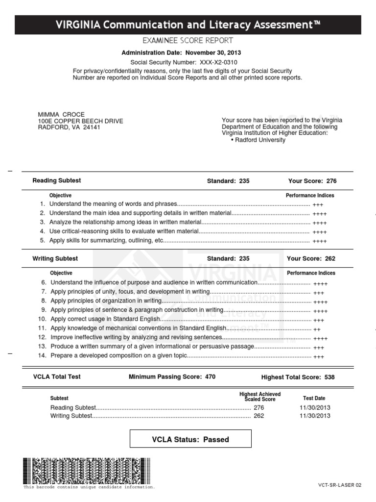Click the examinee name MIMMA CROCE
pyautogui.click(x=61, y=115)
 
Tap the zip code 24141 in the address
pyautogui.click(x=91, y=127)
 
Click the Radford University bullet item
pyautogui.click(x=258, y=140)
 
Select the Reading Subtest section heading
pyautogui.click(x=57, y=181)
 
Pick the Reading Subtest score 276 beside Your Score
pyautogui.click(x=331, y=181)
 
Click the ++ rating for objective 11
pyautogui.click(x=317, y=329)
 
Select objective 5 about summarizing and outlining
pyautogui.click(x=107, y=241)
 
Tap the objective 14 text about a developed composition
pyautogui.click(x=119, y=356)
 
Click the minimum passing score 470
pyautogui.click(x=209, y=377)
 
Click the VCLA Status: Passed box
pyautogui.click(x=190, y=439)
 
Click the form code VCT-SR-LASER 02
pyautogui.click(x=339, y=485)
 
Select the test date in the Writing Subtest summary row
pyautogui.click(x=315, y=416)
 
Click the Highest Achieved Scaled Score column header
pyautogui.click(x=260, y=397)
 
